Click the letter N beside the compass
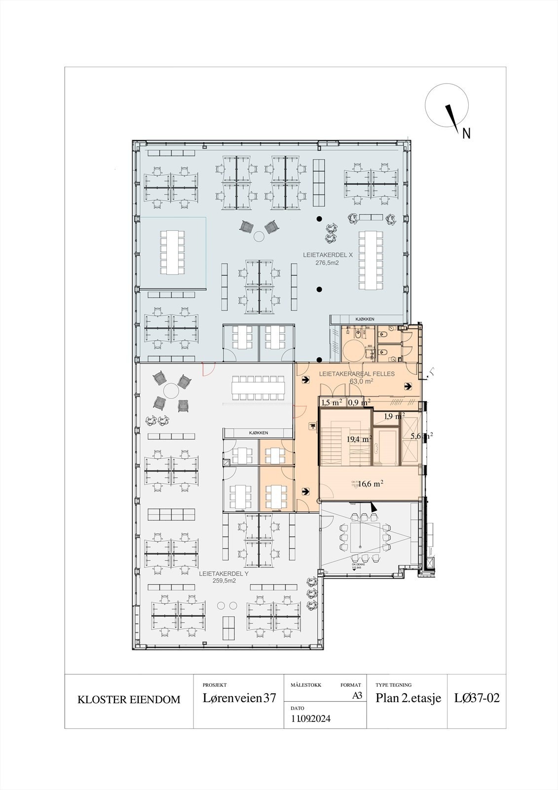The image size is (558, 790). click(x=466, y=133)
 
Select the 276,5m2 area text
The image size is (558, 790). click(x=328, y=263)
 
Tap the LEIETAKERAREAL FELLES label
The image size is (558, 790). click(x=357, y=374)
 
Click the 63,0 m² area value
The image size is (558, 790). click(x=361, y=381)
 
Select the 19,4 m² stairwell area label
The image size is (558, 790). click(x=358, y=439)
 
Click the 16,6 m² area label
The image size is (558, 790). click(x=371, y=484)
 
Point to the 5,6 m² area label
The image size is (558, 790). click(x=421, y=436)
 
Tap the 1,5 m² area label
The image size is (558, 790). click(x=332, y=403)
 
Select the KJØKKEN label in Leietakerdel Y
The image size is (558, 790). click(x=258, y=433)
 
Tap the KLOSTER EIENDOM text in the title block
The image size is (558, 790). click(x=129, y=700)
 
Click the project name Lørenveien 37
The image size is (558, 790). click(x=239, y=698)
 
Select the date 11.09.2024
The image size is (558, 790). click(x=311, y=718)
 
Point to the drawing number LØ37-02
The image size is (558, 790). click(x=477, y=698)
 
